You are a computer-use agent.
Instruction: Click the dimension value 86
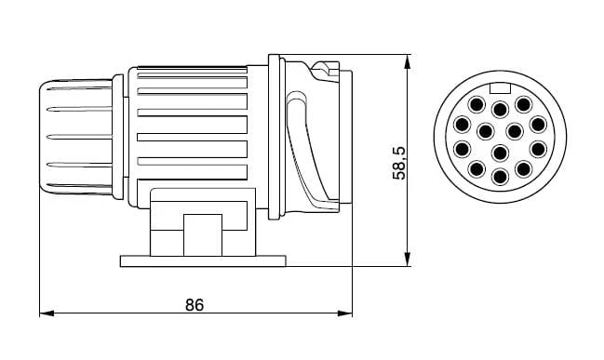(195, 304)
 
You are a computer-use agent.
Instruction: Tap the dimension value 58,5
(399, 163)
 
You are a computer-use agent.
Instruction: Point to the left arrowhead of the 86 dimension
(47, 313)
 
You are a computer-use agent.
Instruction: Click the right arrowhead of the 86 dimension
(345, 313)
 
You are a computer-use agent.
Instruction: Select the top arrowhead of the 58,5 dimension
(408, 61)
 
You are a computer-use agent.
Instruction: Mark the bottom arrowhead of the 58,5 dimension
(408, 259)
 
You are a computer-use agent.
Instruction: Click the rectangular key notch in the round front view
(500, 88)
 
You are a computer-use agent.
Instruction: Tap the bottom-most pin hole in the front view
(500, 177)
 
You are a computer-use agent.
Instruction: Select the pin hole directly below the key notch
(500, 110)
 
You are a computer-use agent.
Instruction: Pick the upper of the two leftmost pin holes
(463, 125)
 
